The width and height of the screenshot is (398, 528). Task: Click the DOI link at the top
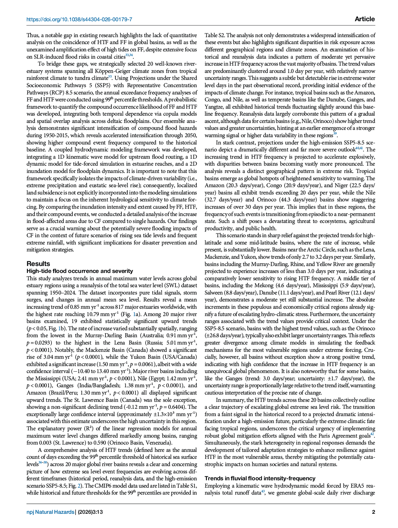79,20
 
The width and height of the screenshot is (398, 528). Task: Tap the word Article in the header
365,19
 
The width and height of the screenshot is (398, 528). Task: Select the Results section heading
38,264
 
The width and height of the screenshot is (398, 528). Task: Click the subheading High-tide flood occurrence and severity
80,271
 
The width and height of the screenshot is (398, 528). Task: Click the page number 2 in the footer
373,512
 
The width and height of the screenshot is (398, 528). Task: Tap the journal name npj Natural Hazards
50,512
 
